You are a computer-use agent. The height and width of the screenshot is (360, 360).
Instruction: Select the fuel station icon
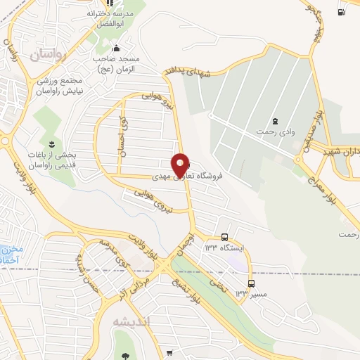point(341,11)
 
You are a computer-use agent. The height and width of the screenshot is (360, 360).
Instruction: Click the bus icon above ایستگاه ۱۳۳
point(224,237)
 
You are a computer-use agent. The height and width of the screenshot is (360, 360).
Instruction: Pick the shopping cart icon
point(170,353)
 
